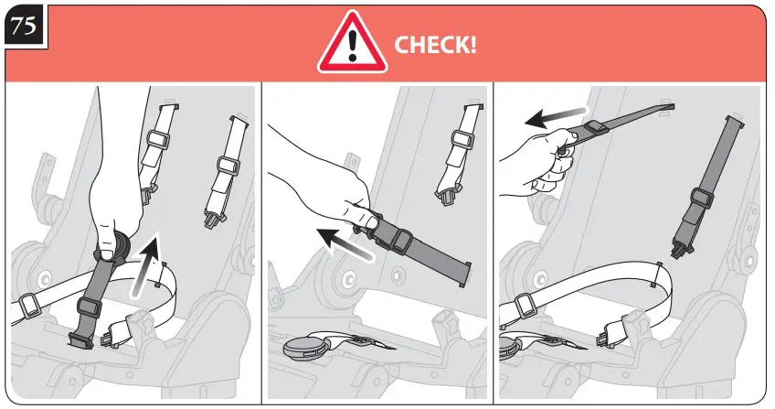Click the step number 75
coord(24,26)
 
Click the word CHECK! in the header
coord(435,45)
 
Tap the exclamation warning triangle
coord(352,42)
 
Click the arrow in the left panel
coord(147,267)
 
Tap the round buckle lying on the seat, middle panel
coord(303,347)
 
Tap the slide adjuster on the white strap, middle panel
coord(463,142)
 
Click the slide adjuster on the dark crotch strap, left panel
coord(89,307)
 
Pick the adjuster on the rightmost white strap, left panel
coord(228,167)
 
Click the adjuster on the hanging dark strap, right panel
coord(702,199)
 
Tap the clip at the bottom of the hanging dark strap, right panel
coord(682,248)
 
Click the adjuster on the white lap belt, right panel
coord(525,305)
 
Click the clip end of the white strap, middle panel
coord(446,195)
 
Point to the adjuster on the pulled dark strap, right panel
coord(595,130)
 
